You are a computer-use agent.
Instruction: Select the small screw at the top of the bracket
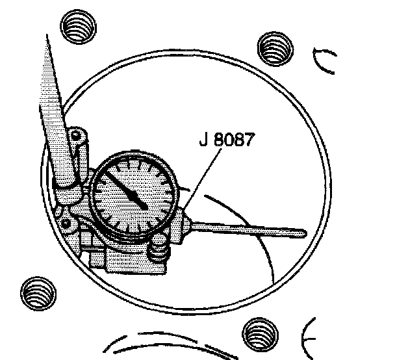click(77, 136)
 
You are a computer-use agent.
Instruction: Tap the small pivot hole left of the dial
click(66, 223)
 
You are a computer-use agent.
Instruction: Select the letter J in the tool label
click(203, 140)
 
